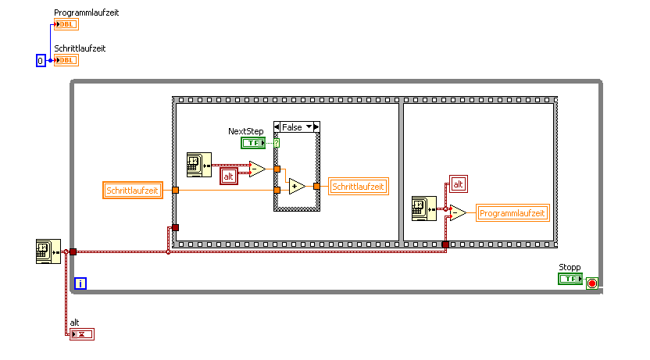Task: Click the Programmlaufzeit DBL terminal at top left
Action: click(x=66, y=24)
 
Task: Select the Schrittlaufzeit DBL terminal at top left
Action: click(x=66, y=60)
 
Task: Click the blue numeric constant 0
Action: click(x=41, y=60)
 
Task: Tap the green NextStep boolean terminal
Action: click(x=253, y=143)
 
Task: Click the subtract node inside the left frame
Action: click(x=257, y=169)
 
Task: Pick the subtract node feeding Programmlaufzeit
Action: click(x=458, y=213)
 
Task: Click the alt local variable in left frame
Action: click(x=230, y=176)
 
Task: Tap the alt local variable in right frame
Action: click(x=459, y=184)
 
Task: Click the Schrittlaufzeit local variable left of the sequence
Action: click(x=133, y=190)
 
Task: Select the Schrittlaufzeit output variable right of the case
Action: click(x=359, y=187)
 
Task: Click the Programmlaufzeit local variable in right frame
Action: click(x=513, y=213)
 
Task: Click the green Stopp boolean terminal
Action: click(x=570, y=279)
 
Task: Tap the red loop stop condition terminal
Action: click(x=592, y=283)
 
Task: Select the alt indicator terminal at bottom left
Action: click(x=81, y=334)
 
